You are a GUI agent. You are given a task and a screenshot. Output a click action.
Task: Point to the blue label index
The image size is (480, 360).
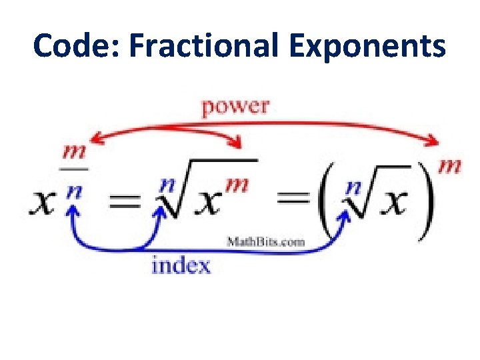point(181,266)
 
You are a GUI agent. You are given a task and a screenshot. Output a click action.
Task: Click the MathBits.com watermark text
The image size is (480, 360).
point(266,241)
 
